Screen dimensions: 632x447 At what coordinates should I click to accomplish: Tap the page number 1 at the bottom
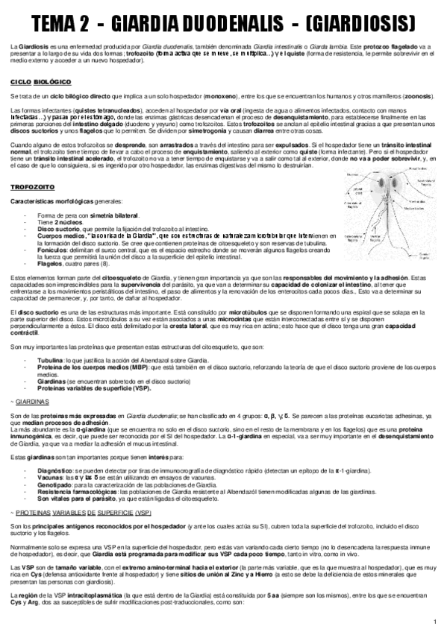point(435,621)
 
